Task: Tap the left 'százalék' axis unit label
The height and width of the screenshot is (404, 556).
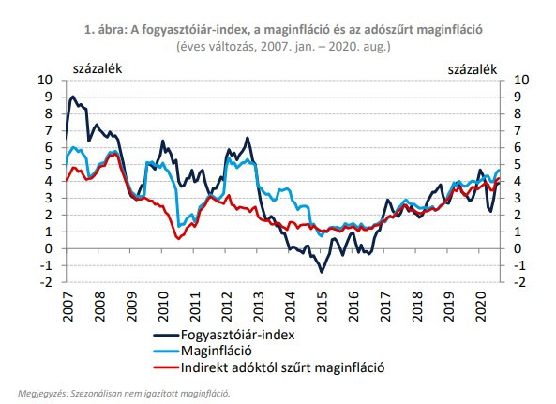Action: (x=97, y=68)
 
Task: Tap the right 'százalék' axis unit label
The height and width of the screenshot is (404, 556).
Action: (x=472, y=68)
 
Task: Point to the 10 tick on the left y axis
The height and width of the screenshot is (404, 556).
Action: (x=52, y=81)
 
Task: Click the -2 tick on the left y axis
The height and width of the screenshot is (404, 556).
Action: (x=52, y=282)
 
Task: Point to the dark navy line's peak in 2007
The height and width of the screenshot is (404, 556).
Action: (x=73, y=97)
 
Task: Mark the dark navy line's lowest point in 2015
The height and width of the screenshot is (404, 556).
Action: (x=322, y=272)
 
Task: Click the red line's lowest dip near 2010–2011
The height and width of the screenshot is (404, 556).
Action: (x=179, y=239)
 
